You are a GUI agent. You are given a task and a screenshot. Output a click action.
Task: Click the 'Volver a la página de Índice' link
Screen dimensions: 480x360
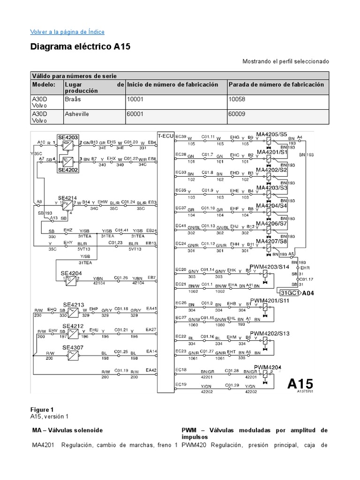click(67, 32)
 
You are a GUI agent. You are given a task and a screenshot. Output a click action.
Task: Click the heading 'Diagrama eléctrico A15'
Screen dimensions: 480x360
click(80, 47)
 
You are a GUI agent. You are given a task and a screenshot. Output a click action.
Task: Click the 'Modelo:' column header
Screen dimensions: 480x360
click(44, 85)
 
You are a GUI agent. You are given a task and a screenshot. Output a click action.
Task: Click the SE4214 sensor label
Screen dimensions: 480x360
click(67, 198)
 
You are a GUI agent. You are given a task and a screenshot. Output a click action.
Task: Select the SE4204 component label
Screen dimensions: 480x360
click(70, 272)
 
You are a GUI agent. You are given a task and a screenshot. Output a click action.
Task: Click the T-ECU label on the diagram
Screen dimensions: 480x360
click(165, 135)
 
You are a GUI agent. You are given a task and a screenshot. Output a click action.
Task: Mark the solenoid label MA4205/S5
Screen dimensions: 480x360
click(271, 134)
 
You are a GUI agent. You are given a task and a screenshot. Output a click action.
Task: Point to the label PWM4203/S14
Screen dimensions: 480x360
click(270, 266)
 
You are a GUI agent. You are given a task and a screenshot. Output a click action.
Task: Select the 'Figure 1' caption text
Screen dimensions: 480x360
click(43, 409)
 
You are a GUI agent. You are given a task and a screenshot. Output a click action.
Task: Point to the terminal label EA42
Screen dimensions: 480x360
click(151, 370)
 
